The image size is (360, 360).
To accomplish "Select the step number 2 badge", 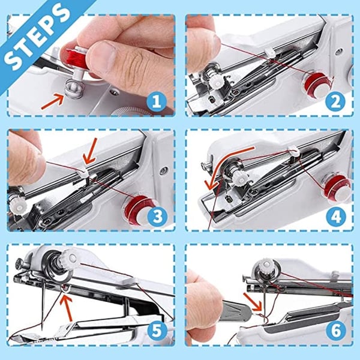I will [335, 101].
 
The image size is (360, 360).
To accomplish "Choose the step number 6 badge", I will [335, 331].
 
